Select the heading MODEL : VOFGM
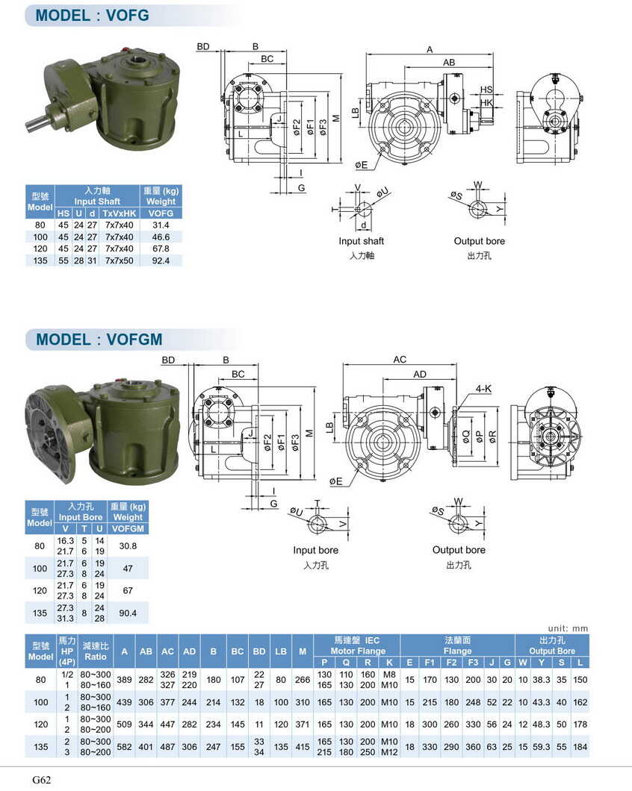pos(99,340)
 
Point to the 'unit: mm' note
pos(569,628)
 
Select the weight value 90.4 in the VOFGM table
pos(128,613)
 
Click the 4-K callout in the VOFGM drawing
pos(483,388)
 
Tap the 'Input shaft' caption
pos(361,241)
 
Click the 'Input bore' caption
pos(315,550)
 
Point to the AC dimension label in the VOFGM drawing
pos(400,360)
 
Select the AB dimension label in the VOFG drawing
pos(449,63)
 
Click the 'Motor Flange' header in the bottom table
pos(356,651)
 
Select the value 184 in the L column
pos(580,745)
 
